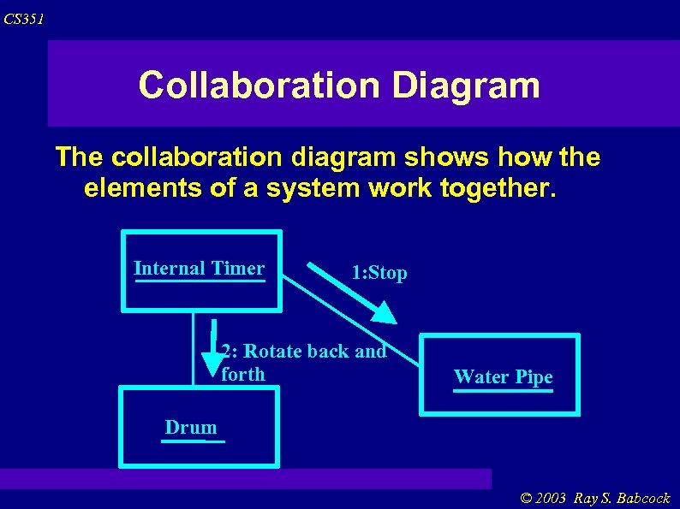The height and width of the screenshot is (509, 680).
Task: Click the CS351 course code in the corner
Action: click(x=23, y=19)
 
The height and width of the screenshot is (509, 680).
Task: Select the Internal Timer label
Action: click(x=199, y=268)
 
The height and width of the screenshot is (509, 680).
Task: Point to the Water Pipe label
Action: click(x=503, y=376)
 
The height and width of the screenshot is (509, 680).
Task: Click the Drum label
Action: click(x=191, y=427)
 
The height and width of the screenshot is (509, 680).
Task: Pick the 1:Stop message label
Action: click(x=379, y=273)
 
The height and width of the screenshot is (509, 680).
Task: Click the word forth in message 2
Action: click(x=243, y=374)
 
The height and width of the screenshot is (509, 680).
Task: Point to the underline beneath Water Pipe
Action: click(x=503, y=391)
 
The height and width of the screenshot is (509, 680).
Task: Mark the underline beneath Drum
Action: click(x=194, y=441)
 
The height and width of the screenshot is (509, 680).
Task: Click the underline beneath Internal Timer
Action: click(x=200, y=281)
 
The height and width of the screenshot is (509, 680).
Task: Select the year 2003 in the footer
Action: click(x=553, y=498)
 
